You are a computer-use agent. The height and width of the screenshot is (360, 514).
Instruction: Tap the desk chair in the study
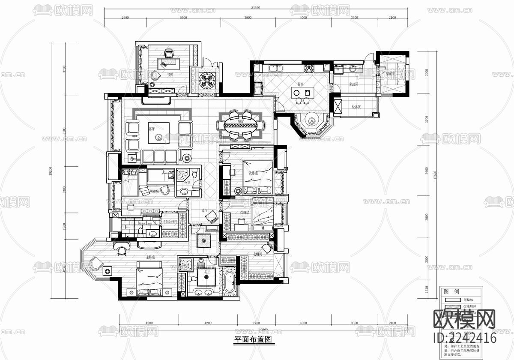pyautogui.click(x=168, y=54)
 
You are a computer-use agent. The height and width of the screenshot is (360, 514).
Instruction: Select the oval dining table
pyautogui.click(x=241, y=126)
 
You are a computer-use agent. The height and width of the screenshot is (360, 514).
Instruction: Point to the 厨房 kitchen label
pyautogui.click(x=301, y=84)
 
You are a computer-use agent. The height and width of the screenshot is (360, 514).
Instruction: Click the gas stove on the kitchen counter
pyautogui.click(x=309, y=68)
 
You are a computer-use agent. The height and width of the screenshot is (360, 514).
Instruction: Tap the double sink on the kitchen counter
pyautogui.click(x=275, y=68)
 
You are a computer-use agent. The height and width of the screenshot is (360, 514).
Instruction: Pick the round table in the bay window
pyautogui.click(x=311, y=121)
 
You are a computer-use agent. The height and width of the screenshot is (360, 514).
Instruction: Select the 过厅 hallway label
pyautogui.click(x=205, y=210)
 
